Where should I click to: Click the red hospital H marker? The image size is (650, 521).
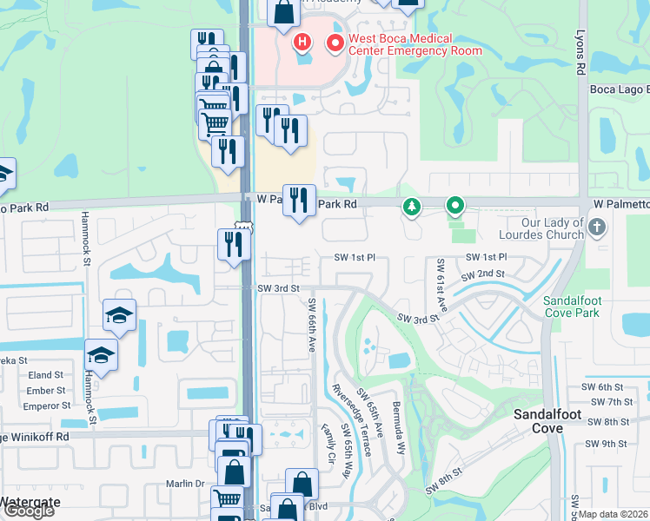[x=302, y=41]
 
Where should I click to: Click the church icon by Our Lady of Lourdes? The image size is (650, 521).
[x=596, y=228]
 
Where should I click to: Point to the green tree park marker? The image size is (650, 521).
[x=411, y=207]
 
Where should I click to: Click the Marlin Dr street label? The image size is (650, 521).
[x=185, y=484]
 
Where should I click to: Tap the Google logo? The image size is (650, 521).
[x=28, y=511]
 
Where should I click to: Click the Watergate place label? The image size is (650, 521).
[x=28, y=501]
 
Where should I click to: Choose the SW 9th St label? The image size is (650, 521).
[x=607, y=444]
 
